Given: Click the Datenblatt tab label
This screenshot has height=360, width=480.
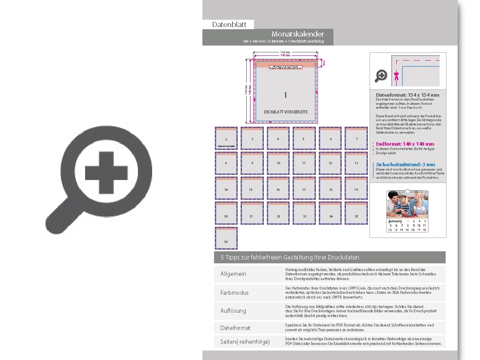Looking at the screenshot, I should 229,24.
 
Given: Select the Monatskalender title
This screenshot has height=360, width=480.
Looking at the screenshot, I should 297,34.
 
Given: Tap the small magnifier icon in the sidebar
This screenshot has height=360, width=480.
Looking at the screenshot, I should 381,76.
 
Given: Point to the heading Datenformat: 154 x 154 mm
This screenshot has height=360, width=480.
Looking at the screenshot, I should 407,95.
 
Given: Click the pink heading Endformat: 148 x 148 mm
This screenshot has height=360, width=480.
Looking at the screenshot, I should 405,144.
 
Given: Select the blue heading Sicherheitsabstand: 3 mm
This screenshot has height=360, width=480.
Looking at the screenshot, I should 405,165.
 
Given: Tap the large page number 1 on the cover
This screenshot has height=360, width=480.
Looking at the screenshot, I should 285,95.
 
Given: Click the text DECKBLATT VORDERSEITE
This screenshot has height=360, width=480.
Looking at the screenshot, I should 286,112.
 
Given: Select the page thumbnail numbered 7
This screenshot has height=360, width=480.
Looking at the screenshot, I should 356,138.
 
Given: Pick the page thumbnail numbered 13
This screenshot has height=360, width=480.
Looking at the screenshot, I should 356,163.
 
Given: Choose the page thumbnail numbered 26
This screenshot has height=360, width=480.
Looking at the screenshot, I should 226,238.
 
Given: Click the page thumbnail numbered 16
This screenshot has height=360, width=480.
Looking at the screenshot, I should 278,188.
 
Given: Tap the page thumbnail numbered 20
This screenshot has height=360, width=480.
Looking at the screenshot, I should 226,213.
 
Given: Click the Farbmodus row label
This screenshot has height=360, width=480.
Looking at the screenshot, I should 234,293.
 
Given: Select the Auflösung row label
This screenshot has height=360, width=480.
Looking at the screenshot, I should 233,311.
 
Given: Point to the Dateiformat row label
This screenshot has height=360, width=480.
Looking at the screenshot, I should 235,328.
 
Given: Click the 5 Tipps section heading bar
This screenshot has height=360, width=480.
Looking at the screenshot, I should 330,257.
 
